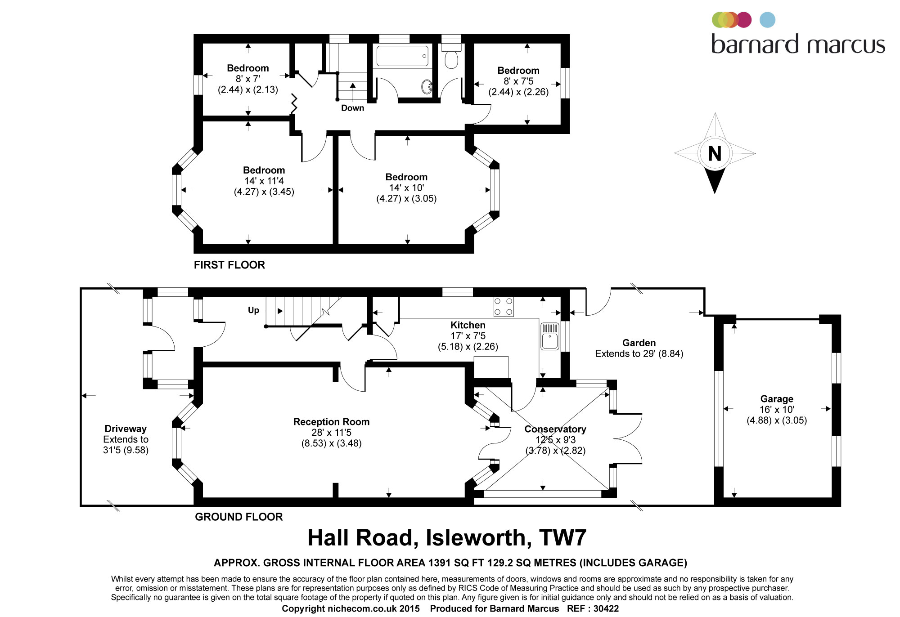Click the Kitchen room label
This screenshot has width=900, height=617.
[x=468, y=325]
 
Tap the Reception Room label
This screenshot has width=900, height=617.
[x=331, y=422]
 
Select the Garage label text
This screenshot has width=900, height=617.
[x=777, y=399]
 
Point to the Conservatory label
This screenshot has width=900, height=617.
[x=555, y=429]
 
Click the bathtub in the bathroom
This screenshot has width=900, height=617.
[x=402, y=56]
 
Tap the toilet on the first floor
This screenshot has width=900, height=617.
[x=451, y=57]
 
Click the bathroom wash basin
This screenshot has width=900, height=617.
[x=427, y=87]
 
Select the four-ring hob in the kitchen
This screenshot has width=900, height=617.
[x=504, y=306]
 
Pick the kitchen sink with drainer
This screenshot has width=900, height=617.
[x=550, y=336]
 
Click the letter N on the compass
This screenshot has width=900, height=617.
[x=715, y=154]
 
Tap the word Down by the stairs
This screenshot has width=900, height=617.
[x=352, y=108]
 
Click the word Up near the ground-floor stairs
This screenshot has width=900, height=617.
[x=253, y=310]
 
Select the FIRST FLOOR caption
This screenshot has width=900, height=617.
[x=229, y=265]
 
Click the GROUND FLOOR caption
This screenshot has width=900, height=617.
[x=238, y=517]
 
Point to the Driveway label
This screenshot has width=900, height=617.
[x=126, y=429]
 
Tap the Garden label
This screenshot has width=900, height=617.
[x=639, y=343]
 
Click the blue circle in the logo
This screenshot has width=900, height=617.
[x=767, y=20]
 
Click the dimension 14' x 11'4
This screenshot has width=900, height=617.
[x=264, y=181]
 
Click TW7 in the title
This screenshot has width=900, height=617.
[x=562, y=537]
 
